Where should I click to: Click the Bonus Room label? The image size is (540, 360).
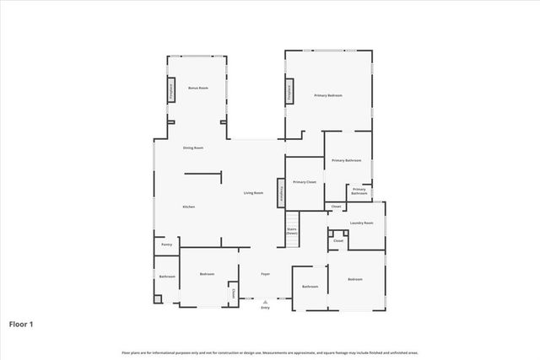click(x=198, y=88)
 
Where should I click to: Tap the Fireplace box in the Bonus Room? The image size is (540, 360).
click(x=170, y=90)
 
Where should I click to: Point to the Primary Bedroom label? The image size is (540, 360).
click(x=328, y=96)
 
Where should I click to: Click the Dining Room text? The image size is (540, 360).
click(x=193, y=148)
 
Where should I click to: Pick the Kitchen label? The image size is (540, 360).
click(x=189, y=207)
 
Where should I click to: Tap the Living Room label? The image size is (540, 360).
click(x=254, y=193)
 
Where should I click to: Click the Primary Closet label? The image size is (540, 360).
click(x=304, y=182)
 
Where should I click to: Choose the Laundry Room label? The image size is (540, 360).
click(x=362, y=223)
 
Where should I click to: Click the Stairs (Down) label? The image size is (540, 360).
click(x=292, y=230)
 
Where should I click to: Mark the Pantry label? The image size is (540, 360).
click(x=166, y=244)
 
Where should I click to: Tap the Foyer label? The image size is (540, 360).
click(x=265, y=274)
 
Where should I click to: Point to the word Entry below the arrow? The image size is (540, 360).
click(x=265, y=308)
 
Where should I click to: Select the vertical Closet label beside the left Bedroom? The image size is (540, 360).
click(x=233, y=293)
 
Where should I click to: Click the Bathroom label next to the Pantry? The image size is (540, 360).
click(x=166, y=277)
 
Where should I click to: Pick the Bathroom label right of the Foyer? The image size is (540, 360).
click(x=310, y=287)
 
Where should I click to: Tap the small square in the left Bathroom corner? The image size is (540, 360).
click(x=158, y=298)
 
